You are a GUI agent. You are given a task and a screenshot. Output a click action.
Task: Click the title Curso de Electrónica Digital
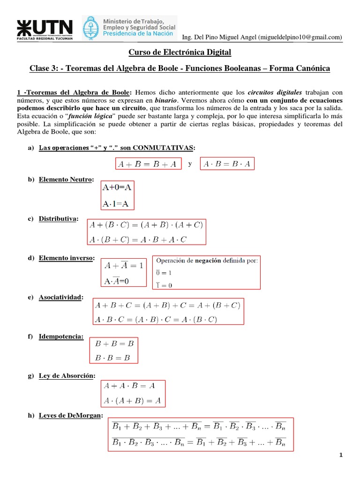coord(180,52)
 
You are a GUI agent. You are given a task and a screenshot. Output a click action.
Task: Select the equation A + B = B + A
coord(148,164)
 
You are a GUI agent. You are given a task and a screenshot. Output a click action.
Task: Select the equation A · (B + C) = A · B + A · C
coord(138,240)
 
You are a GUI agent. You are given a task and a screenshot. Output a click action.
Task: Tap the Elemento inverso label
coord(67,258)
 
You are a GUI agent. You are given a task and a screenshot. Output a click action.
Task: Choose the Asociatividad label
coord(61,297)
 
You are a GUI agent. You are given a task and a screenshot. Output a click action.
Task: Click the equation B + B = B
coord(115,344)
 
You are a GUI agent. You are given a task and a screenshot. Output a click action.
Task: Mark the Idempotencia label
coord(61,337)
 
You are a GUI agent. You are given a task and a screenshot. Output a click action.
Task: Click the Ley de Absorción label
coord(67,375)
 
